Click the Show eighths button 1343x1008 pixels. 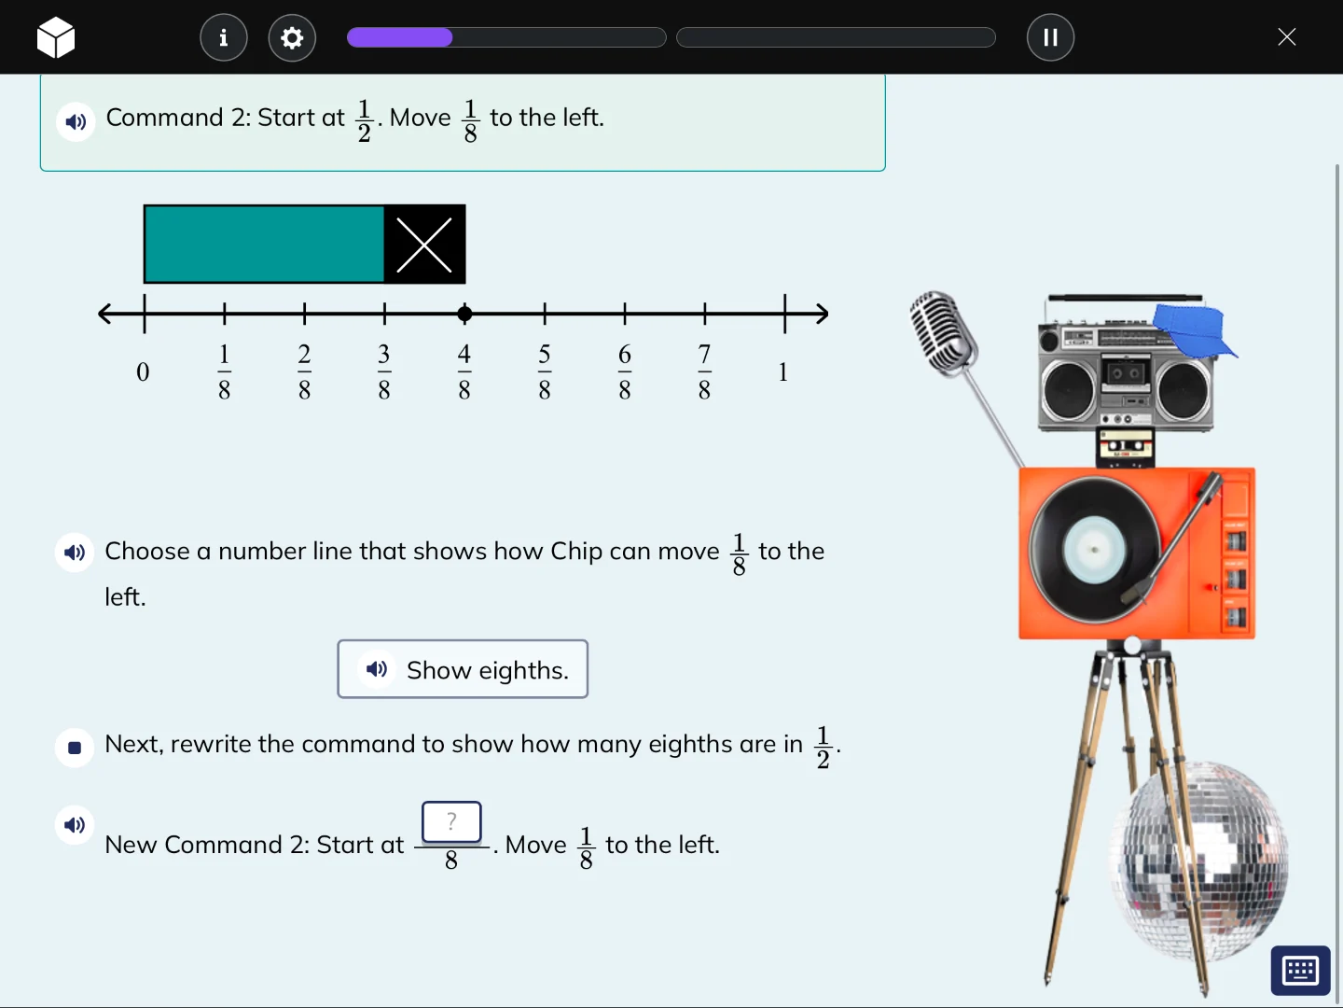[463, 669]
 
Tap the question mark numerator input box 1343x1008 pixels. [451, 822]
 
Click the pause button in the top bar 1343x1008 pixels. [1050, 37]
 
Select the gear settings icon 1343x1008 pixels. [292, 37]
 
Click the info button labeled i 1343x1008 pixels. [224, 37]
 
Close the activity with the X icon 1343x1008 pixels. [1286, 37]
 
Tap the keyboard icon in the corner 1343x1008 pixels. [1300, 971]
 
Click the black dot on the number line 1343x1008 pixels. [464, 314]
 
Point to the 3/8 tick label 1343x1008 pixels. [384, 371]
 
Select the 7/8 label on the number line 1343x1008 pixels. [704, 371]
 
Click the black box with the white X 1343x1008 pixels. [424, 245]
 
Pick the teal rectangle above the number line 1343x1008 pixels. [264, 245]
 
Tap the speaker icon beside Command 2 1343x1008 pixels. [76, 121]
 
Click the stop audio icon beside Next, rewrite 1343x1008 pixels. [75, 748]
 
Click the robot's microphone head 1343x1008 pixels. [942, 332]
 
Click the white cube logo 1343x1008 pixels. [56, 37]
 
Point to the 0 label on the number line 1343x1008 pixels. [143, 372]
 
